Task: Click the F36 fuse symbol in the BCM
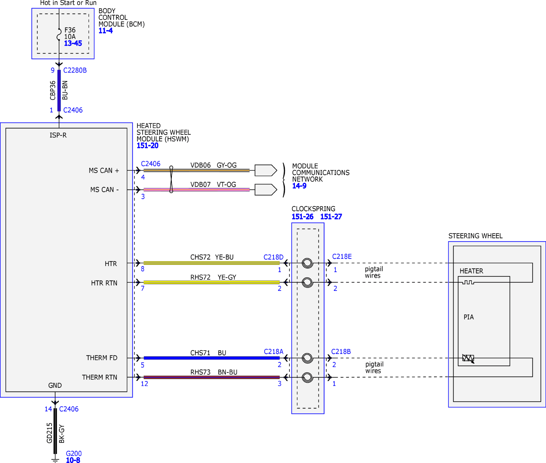(59, 34)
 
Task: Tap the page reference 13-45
(73, 43)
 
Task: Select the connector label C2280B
(75, 70)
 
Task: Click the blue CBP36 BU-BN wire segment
(59, 90)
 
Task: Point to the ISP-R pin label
(58, 135)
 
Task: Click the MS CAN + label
(104, 170)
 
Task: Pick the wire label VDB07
(200, 185)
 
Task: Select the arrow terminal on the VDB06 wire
(266, 170)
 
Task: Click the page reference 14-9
(299, 186)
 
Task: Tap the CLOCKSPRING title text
(314, 209)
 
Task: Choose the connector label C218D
(274, 257)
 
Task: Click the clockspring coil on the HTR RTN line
(308, 283)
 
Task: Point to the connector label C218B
(341, 352)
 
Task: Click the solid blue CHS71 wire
(211, 358)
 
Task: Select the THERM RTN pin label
(100, 377)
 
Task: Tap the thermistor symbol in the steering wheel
(468, 358)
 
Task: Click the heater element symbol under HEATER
(468, 282)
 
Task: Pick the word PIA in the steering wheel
(469, 317)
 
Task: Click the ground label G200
(74, 454)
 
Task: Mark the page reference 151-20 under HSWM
(147, 146)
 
